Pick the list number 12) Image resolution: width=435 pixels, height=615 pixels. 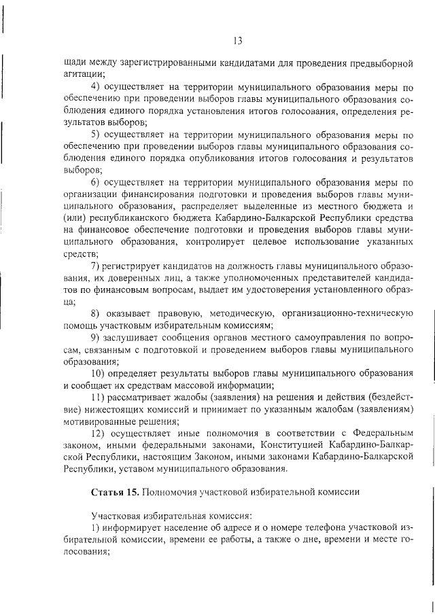pos(97,432)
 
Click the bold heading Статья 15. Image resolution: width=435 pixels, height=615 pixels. pos(112,491)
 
